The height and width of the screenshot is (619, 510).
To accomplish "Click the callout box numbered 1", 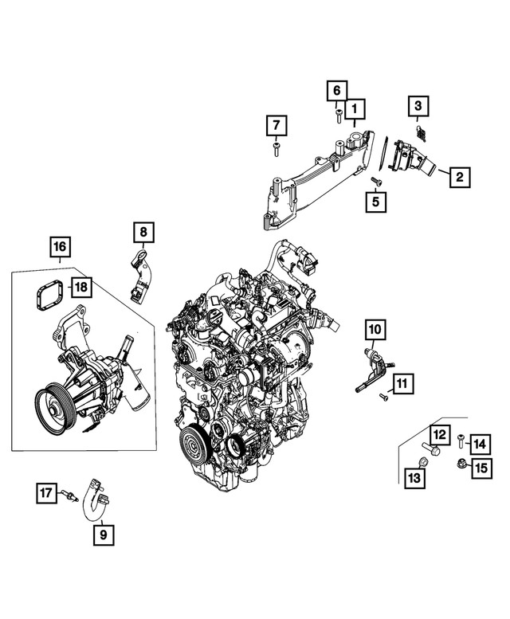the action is [355, 108].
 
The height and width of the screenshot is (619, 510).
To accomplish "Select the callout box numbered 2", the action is [460, 177].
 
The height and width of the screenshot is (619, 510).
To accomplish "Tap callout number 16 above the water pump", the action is [60, 246].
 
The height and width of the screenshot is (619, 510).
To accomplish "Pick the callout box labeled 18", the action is [81, 287].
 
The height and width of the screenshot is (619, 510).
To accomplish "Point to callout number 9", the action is [104, 535].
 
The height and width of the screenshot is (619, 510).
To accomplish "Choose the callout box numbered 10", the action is [375, 329].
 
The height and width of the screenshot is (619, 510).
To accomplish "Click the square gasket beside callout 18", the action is [47, 295].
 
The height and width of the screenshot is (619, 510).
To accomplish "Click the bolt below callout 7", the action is [276, 150].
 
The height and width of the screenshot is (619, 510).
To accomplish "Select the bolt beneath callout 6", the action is [339, 117].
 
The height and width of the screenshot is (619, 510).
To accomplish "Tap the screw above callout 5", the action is [376, 181].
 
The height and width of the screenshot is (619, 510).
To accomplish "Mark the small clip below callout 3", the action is [422, 133].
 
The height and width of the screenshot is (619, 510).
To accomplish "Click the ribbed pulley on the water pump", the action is [54, 410].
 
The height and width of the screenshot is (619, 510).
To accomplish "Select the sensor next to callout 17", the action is [68, 495].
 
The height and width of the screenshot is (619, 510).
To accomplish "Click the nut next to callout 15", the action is [460, 462].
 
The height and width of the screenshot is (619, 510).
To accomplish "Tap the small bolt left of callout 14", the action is [461, 440].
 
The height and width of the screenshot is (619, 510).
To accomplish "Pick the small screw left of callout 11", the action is [383, 397].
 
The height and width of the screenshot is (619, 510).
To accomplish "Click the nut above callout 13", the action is [423, 461].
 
